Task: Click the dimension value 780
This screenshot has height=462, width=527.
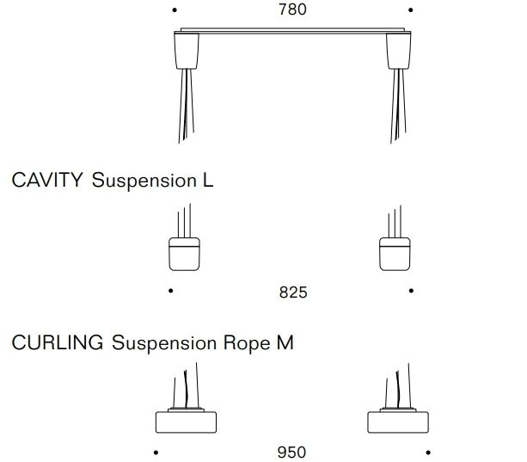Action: pos(292,10)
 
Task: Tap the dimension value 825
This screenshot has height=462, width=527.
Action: pos(292,293)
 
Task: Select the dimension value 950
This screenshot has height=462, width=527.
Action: pos(291,452)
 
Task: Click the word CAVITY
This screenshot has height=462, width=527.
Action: pos(47,181)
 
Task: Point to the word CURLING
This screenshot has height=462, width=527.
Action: pos(58,343)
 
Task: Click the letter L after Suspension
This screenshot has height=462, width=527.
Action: pos(207,181)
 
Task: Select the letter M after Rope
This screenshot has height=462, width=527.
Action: pos(284,343)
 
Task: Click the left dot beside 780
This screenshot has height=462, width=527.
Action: pos(175,10)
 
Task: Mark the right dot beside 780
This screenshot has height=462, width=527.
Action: pos(411,10)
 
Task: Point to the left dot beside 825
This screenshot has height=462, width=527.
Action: pos(171,291)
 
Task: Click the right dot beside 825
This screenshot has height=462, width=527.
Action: pos(412,291)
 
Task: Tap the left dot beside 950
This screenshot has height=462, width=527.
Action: pos(156,452)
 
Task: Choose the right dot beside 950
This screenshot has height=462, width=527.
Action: pos(427,452)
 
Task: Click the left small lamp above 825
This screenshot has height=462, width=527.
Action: pos(183,253)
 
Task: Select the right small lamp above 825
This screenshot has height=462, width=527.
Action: pos(396,253)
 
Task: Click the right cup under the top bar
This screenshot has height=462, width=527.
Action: pos(398,51)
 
